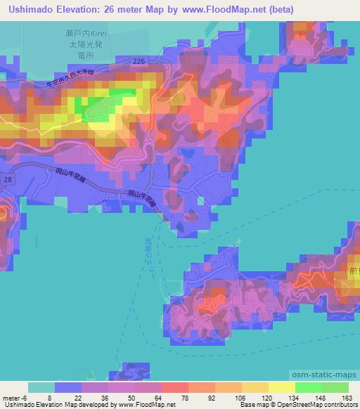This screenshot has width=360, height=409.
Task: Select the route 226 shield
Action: coord(139,62)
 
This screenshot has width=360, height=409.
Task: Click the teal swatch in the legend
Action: coord(41,387)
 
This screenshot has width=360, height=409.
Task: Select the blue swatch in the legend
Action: coord(68,387)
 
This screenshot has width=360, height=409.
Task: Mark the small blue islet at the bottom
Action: coord(134,370)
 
